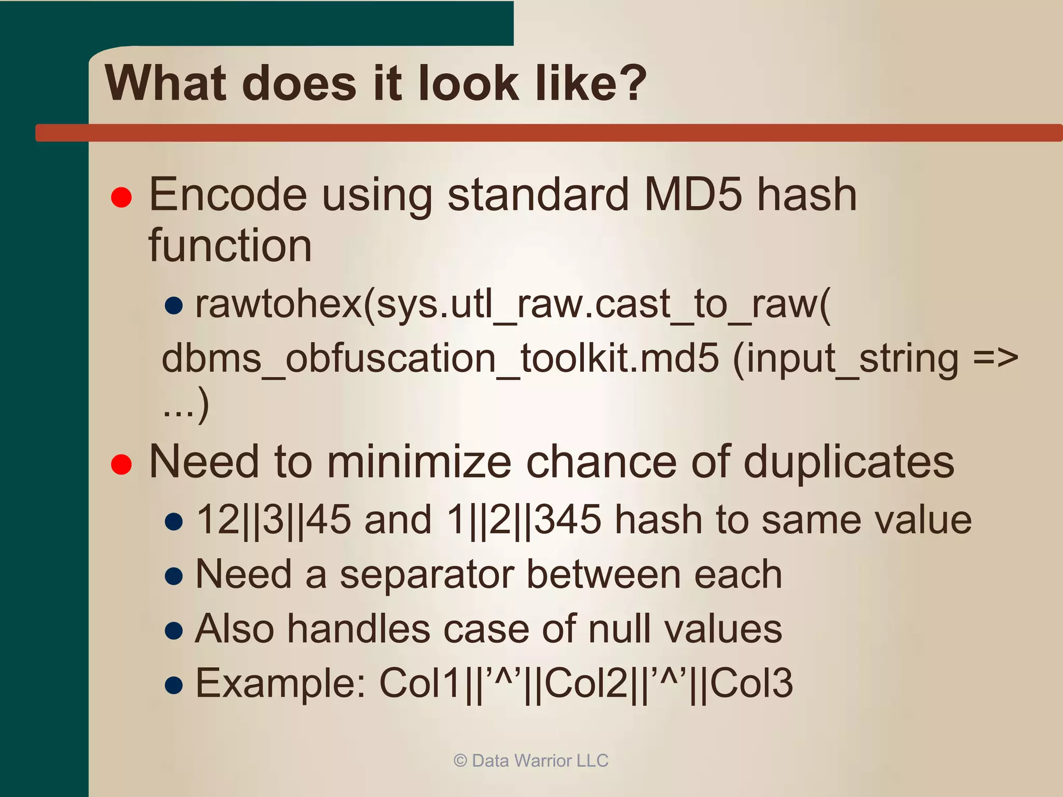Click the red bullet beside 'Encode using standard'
coord(121,197)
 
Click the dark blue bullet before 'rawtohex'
coord(173,306)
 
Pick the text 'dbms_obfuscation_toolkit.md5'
coord(440,359)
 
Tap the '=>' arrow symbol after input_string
coord(996,359)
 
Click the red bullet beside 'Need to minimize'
coord(121,464)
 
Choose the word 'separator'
coord(427,574)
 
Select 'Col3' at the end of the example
coord(751,683)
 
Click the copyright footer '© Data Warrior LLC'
coord(530,761)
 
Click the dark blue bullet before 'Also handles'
coord(173,630)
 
